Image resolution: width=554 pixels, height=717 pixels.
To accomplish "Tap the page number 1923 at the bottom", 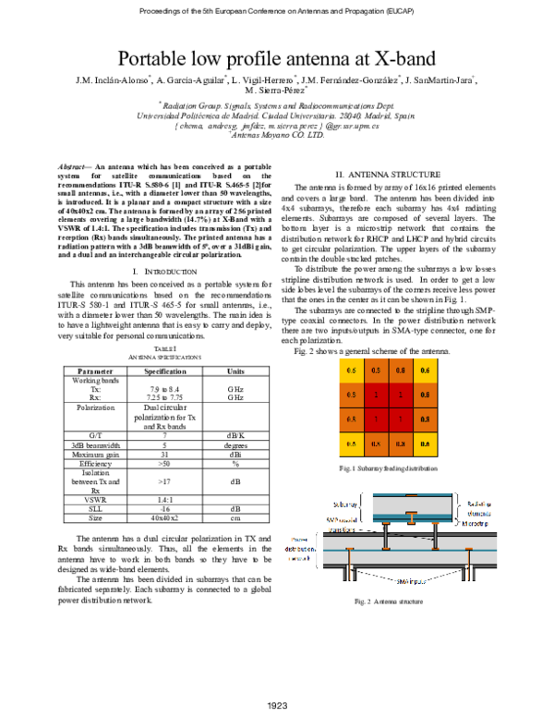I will pos(277,706).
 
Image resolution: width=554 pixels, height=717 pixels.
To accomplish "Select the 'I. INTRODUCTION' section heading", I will pos(160,270).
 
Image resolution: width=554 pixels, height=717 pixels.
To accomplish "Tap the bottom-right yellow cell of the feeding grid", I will pos(425,444).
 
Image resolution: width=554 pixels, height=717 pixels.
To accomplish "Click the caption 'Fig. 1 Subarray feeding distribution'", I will pos(388,469).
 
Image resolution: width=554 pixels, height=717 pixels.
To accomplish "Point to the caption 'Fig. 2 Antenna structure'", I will pos(388,602).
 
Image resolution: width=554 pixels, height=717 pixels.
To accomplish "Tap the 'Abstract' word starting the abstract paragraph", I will pos(72,164).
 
